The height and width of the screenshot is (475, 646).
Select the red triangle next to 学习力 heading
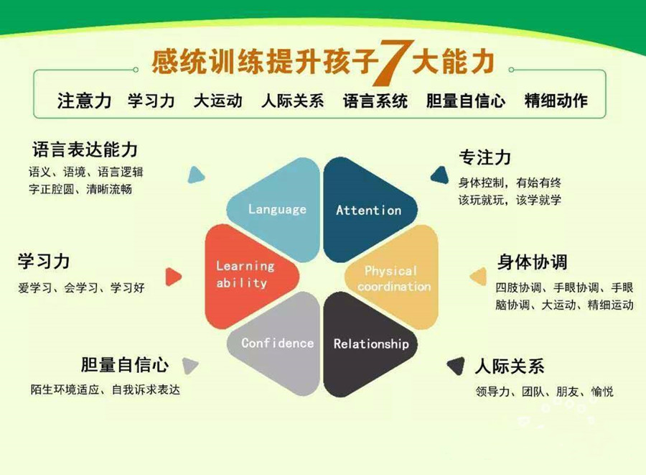[x=173, y=277]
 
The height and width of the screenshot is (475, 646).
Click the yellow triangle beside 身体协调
[x=478, y=276]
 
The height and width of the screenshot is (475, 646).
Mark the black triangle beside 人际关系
[x=455, y=366]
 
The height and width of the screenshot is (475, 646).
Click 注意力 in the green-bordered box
[x=84, y=101]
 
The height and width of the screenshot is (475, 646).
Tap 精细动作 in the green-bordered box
[x=556, y=101]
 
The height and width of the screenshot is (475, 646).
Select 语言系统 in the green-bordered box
[x=375, y=101]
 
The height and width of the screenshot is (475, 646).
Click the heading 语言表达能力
[x=85, y=149]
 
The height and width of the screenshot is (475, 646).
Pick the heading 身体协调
[x=532, y=260]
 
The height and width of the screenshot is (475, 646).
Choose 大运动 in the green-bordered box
[x=217, y=101]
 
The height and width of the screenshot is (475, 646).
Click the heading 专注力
[x=484, y=157]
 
